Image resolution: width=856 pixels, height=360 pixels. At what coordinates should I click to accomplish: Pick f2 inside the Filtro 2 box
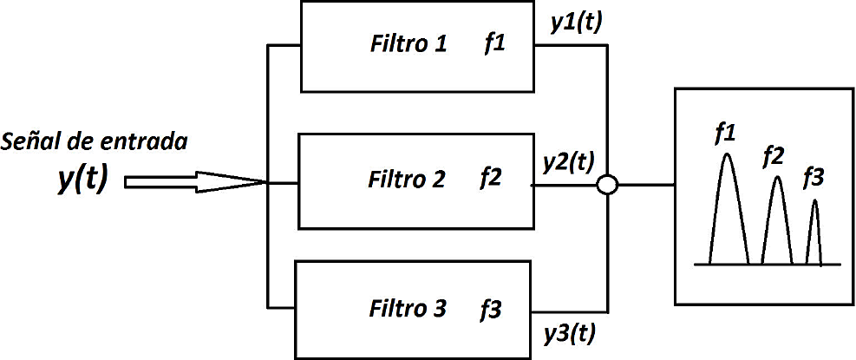(491, 180)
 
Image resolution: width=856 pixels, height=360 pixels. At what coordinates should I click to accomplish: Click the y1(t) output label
(577, 25)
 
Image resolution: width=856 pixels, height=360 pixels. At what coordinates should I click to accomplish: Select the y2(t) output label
(568, 160)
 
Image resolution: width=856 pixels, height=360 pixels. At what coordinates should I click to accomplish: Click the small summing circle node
(608, 186)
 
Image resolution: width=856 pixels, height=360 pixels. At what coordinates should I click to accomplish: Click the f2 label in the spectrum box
(774, 157)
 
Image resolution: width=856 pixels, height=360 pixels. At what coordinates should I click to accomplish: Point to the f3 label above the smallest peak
(814, 179)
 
